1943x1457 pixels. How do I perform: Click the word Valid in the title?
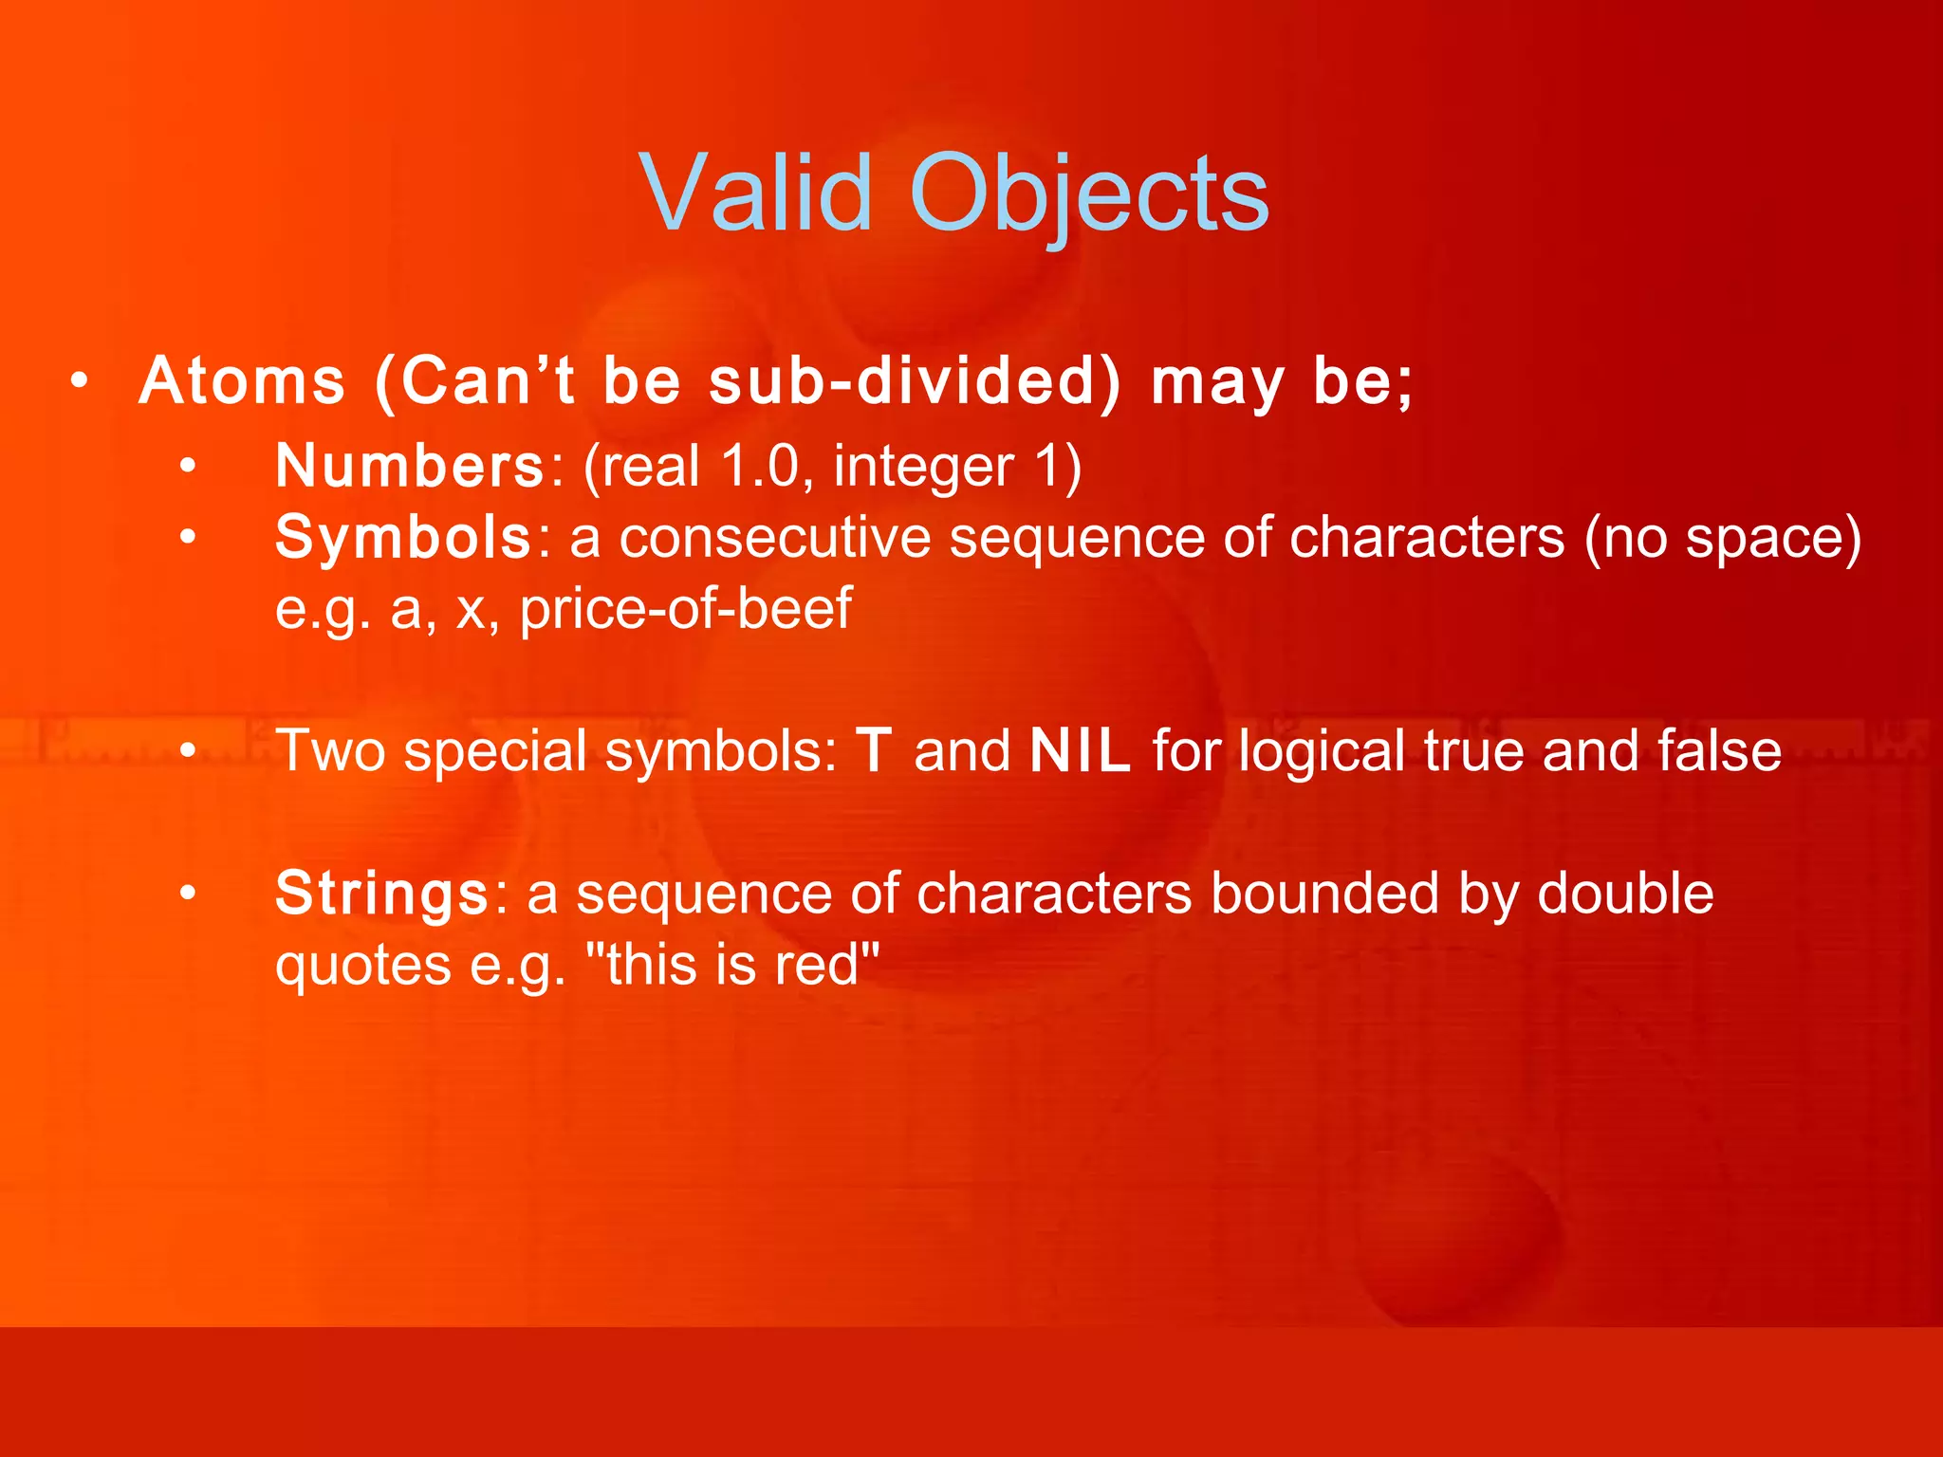click(x=755, y=194)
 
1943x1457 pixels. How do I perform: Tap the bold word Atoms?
click(x=242, y=381)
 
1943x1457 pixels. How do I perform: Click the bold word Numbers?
click(x=410, y=466)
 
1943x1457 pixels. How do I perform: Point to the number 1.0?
click(x=759, y=466)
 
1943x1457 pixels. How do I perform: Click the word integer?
click(x=923, y=468)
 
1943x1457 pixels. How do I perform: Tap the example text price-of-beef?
click(x=685, y=608)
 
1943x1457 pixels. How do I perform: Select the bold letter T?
click(x=874, y=751)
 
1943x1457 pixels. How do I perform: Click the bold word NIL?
click(x=1080, y=751)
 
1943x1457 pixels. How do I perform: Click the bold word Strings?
click(x=381, y=894)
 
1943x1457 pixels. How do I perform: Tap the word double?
click(x=1625, y=894)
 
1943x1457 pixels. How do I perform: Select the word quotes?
click(x=362, y=966)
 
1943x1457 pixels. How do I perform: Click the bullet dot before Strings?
click(x=188, y=894)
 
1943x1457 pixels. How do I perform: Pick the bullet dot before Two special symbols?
click(x=188, y=751)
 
